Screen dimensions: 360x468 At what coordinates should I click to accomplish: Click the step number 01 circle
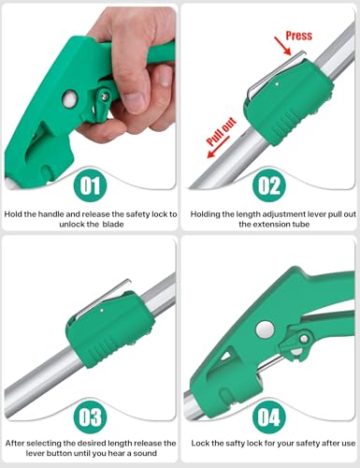click(90, 185)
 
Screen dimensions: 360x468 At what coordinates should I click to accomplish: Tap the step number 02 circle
click(269, 185)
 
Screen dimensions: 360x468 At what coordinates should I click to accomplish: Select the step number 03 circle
click(90, 417)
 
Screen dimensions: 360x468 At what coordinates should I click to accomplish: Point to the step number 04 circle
click(269, 417)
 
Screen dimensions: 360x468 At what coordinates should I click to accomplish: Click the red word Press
click(299, 36)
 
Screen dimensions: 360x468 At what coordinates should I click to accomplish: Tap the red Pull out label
click(222, 132)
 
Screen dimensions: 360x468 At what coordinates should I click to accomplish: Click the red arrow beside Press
click(282, 46)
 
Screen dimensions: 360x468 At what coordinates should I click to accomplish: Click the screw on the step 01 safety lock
click(105, 96)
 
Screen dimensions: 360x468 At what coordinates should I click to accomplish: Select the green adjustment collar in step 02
click(287, 100)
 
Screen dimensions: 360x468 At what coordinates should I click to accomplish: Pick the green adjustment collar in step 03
click(109, 329)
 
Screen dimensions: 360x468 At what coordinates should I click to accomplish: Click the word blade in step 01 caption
click(113, 225)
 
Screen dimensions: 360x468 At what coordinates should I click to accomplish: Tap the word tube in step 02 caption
click(300, 225)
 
